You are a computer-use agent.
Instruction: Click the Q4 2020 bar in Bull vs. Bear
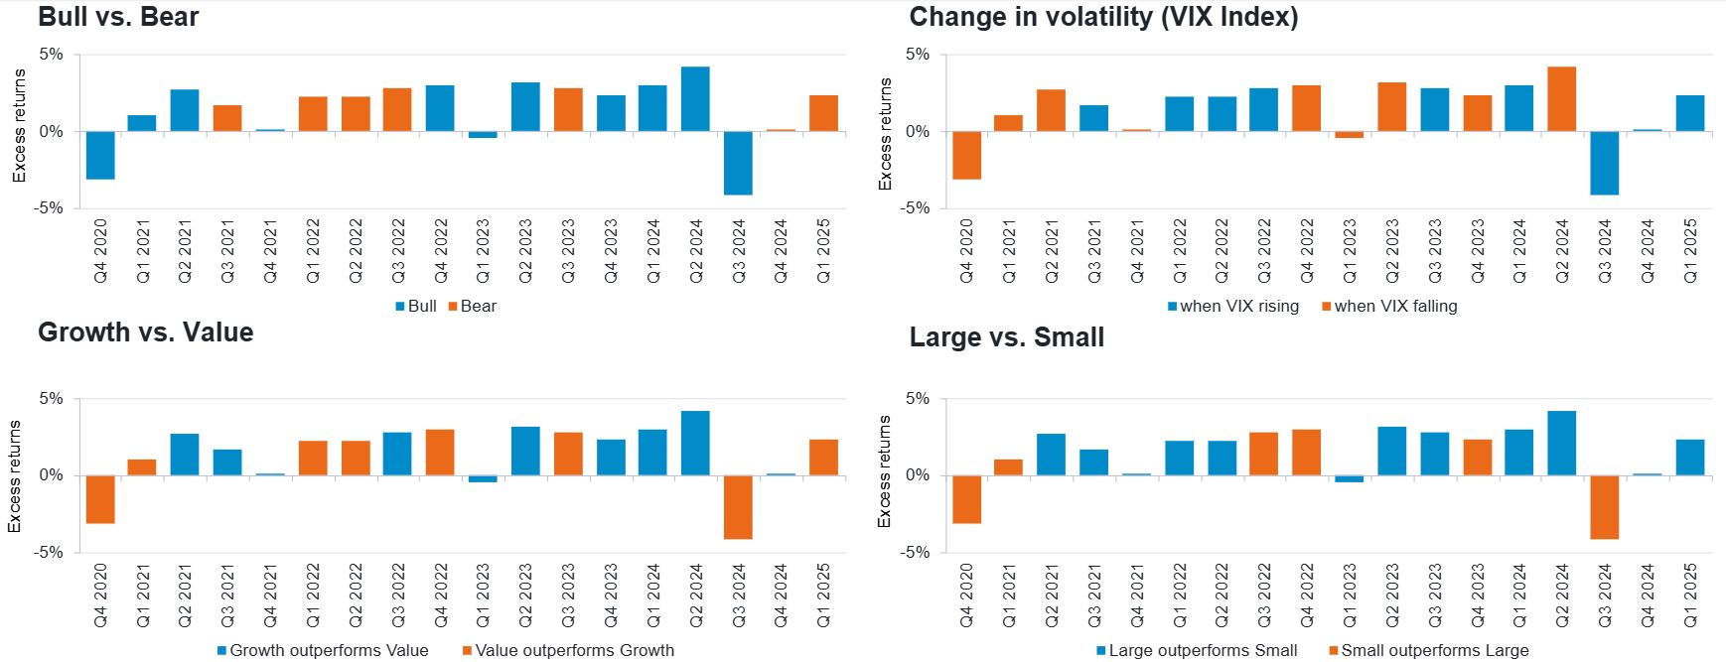point(100,155)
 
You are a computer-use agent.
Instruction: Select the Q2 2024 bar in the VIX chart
point(1561,99)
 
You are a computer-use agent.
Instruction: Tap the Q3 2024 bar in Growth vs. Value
point(738,507)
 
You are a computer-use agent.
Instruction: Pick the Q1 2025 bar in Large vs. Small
point(1689,458)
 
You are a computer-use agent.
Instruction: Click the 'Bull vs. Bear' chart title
point(118,17)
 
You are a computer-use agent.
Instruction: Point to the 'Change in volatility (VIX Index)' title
point(1102,17)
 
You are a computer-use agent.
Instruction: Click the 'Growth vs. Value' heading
point(145,332)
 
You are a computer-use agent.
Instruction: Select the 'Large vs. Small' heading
point(1006,337)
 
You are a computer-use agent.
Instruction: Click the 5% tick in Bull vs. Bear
point(51,55)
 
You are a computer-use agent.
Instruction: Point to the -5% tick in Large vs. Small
point(916,552)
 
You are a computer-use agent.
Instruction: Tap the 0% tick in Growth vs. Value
point(51,475)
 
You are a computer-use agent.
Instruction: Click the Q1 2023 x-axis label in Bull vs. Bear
point(483,251)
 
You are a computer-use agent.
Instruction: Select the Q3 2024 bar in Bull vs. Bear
point(738,163)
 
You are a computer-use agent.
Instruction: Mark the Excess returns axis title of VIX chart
point(885,134)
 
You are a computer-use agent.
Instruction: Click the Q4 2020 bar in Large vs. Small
point(966,499)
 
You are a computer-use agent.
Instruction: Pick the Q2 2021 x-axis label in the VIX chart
point(1052,251)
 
